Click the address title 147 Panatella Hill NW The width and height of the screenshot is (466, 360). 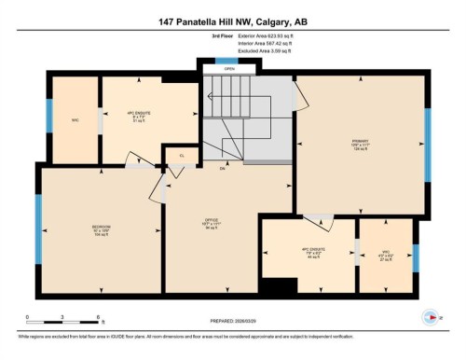232,22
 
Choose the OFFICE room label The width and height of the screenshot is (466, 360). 212,223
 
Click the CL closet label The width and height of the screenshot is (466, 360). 182,157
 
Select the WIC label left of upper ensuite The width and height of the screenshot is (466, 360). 75,118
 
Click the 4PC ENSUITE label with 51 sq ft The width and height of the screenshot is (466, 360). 138,118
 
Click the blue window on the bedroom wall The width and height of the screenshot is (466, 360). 39,228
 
